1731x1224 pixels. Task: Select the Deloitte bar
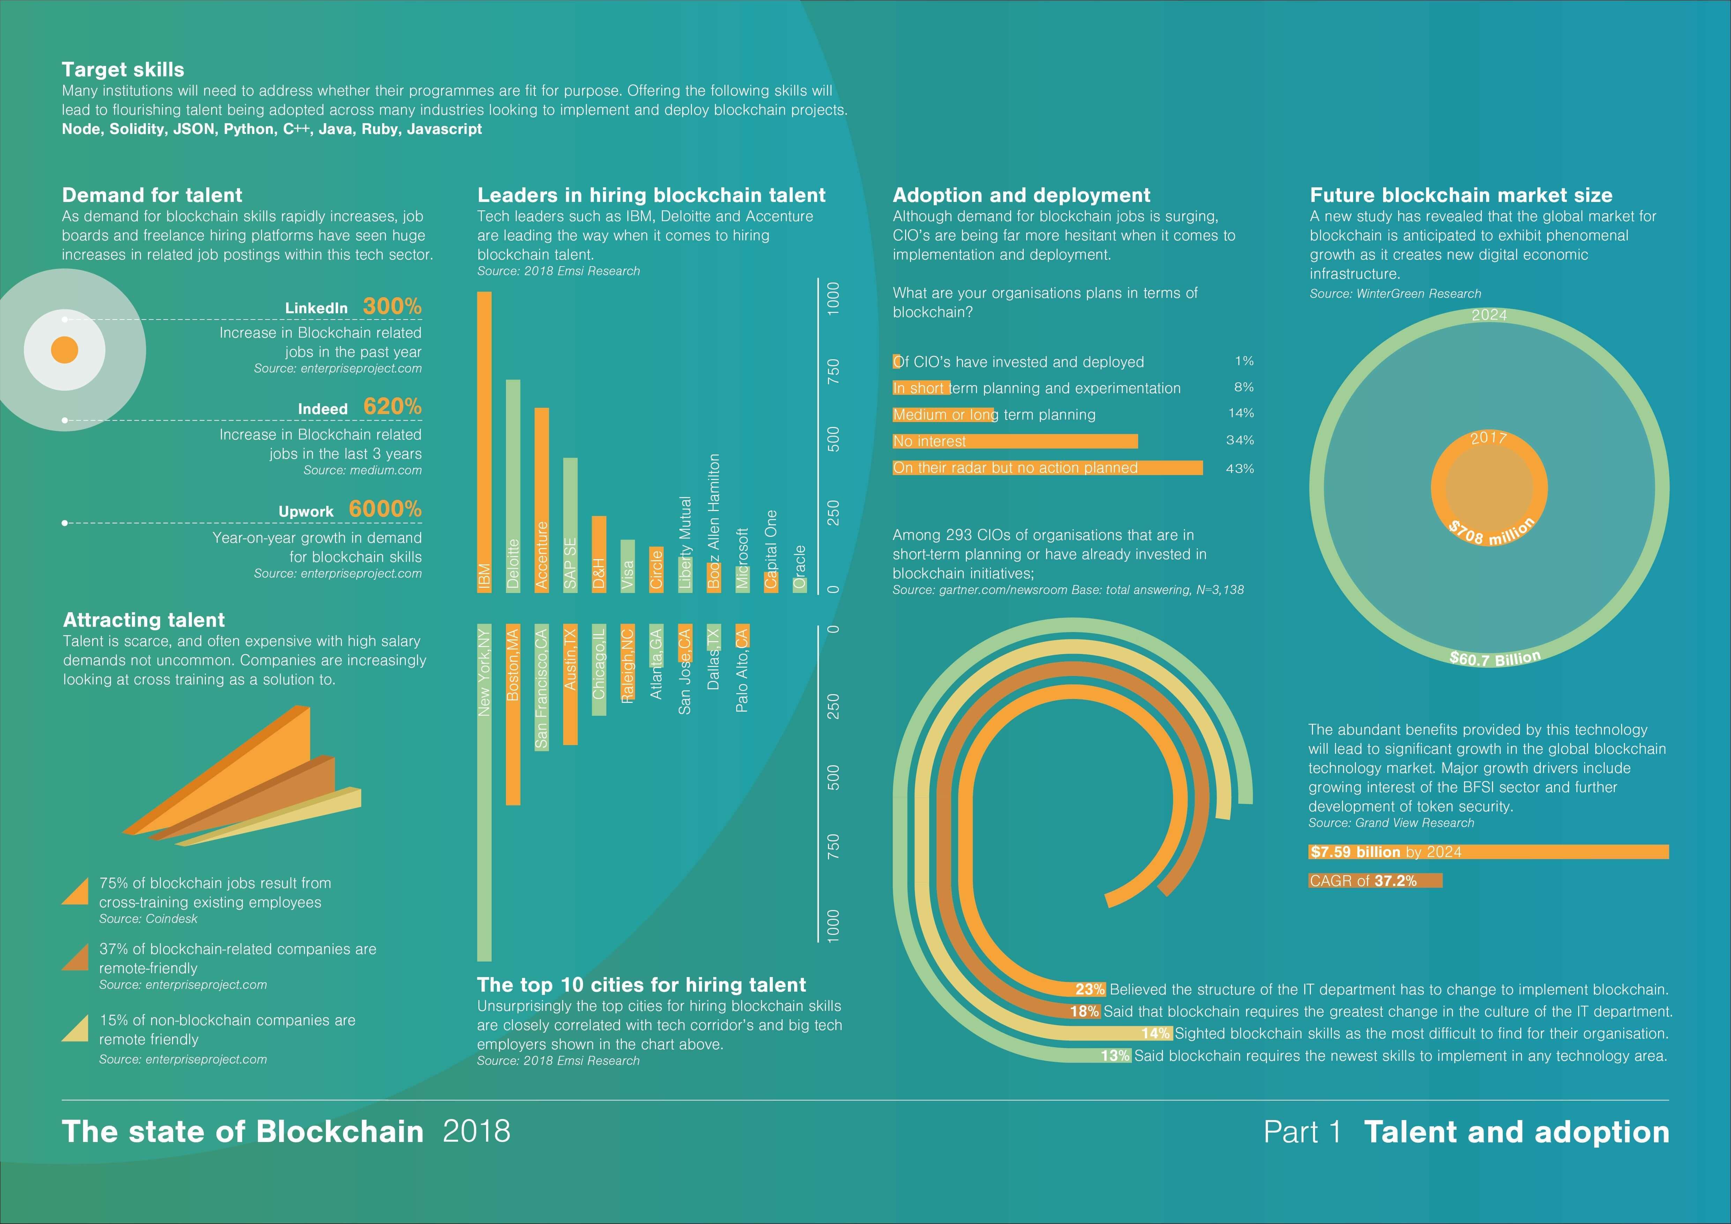coord(513,486)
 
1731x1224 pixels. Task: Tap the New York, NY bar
coord(484,793)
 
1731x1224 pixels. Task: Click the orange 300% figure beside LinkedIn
coord(392,306)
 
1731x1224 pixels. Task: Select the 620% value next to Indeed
coord(392,406)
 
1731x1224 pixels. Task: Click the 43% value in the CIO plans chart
coord(1239,468)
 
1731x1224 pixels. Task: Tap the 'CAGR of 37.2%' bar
coord(1375,880)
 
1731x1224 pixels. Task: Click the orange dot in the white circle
coord(65,350)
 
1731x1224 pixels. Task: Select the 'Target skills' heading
coord(123,69)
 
